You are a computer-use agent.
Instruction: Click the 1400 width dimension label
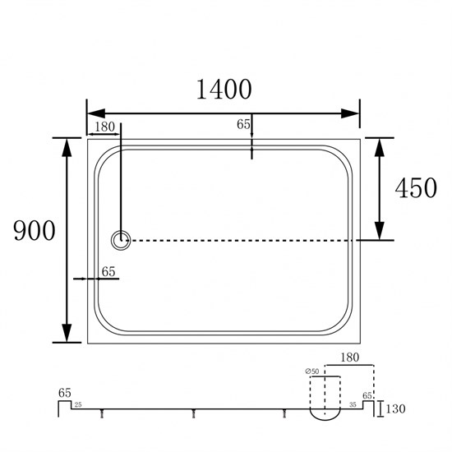(x=224, y=90)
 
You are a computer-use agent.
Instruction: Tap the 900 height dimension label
(x=35, y=230)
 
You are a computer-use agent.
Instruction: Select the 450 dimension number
(x=416, y=187)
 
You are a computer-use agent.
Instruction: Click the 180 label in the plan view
(x=104, y=127)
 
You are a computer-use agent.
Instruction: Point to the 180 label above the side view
(x=349, y=357)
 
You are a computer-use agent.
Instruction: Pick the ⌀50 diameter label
(x=312, y=371)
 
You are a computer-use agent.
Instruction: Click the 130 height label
(x=395, y=408)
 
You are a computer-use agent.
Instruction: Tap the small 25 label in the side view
(x=78, y=404)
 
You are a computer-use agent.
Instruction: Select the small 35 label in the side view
(x=353, y=404)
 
